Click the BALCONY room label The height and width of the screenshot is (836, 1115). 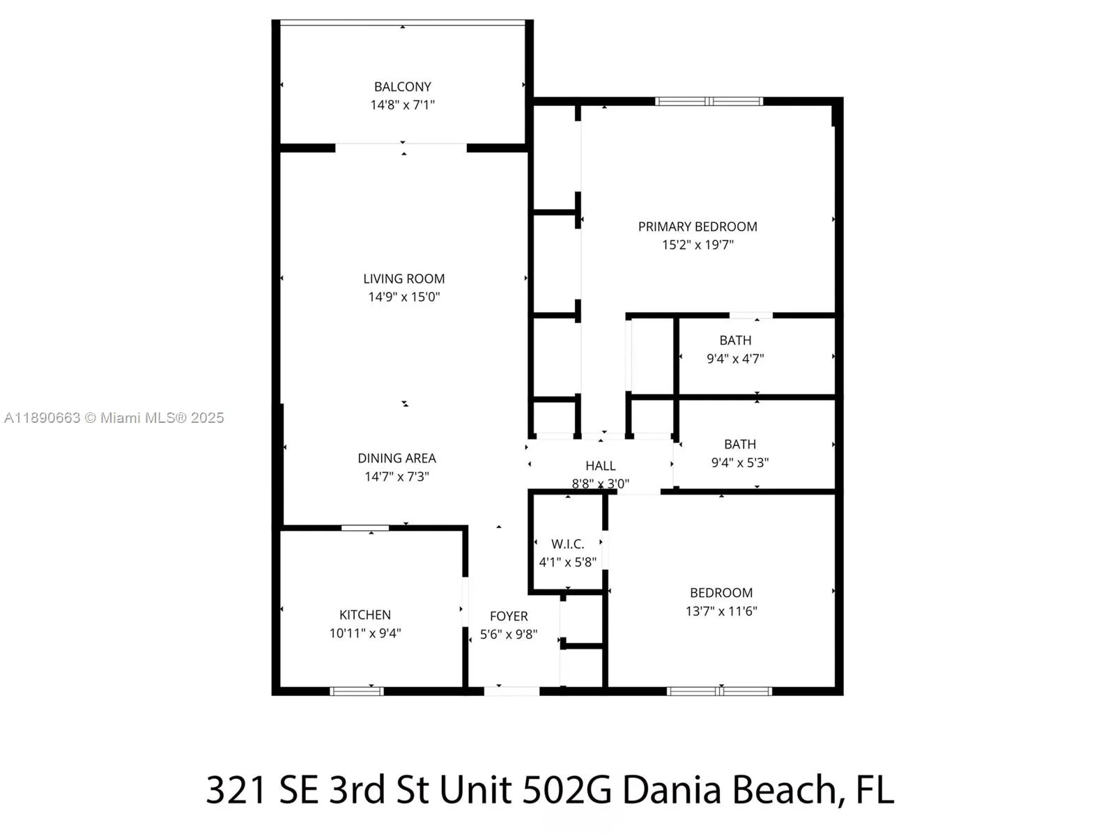pos(402,87)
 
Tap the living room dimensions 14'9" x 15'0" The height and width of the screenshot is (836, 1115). pos(403,297)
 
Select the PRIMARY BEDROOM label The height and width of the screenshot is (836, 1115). pos(698,227)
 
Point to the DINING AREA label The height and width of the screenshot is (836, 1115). pos(397,458)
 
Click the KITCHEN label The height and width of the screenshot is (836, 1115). pos(364,615)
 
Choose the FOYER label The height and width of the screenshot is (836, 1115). pos(509,617)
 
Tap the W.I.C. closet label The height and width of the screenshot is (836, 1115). pos(567,544)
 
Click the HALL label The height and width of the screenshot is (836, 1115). pos(601,466)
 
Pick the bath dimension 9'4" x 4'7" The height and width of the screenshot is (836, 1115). pos(735,359)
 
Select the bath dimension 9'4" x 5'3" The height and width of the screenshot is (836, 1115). pos(739,463)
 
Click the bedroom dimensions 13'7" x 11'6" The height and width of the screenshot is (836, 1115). pos(721,611)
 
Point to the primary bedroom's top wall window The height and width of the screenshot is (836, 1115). pos(709,102)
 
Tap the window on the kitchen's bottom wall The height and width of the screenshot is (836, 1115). pos(357,691)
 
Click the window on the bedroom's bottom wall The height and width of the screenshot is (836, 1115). pos(719,691)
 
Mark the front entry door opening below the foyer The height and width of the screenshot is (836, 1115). pos(512,691)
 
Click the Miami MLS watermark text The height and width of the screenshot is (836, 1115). pos(114,418)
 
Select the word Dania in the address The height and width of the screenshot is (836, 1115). pos(671,790)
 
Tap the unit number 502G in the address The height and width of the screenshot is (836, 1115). pos(567,790)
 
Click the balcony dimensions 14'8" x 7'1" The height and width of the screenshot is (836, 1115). pos(402,105)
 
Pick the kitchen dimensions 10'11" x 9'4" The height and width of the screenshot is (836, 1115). pos(364,633)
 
